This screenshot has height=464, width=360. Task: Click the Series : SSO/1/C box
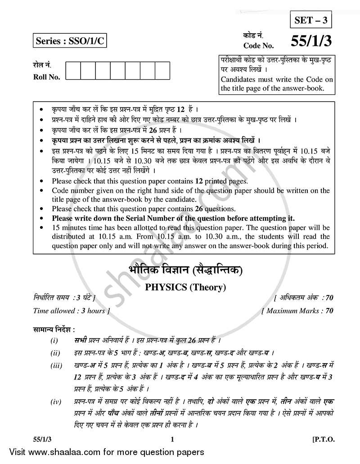click(x=71, y=41)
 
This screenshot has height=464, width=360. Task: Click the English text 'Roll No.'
click(x=47, y=77)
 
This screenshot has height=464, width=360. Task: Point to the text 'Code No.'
click(x=257, y=45)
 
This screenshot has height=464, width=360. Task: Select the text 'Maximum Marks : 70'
click(x=297, y=311)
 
